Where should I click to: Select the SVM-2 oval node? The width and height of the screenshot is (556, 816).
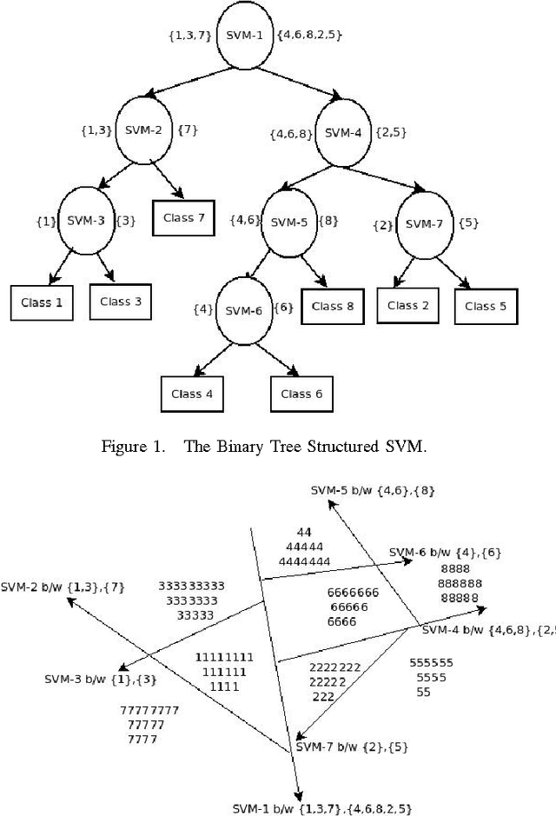click(x=145, y=130)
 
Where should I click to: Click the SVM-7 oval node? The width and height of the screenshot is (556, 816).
click(x=423, y=223)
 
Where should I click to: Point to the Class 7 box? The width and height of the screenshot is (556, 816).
click(x=183, y=217)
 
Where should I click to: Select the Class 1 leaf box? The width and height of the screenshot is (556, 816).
click(x=42, y=302)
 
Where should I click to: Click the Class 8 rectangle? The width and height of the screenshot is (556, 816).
click(x=332, y=306)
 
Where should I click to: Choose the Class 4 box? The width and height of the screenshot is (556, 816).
click(x=191, y=394)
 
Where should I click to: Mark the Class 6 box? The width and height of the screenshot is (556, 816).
click(x=301, y=394)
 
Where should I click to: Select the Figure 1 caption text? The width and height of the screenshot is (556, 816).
click(x=277, y=447)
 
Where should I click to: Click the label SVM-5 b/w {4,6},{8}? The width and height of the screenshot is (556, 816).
click(x=373, y=491)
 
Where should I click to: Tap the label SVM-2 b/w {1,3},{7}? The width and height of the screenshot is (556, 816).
click(x=63, y=587)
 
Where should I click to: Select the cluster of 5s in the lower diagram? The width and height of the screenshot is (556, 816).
click(x=429, y=677)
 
